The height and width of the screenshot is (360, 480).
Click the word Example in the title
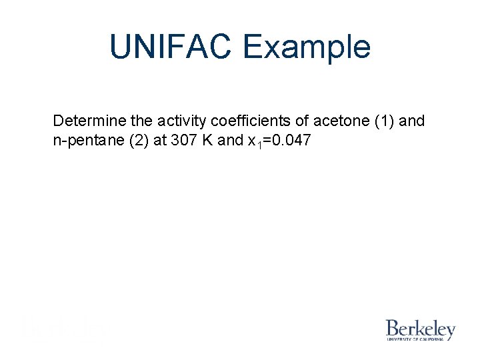click(x=307, y=47)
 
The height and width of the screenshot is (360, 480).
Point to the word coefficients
click(x=252, y=121)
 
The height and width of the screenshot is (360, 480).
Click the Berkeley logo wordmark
click(x=420, y=328)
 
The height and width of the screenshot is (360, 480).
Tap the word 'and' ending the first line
click(x=411, y=121)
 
